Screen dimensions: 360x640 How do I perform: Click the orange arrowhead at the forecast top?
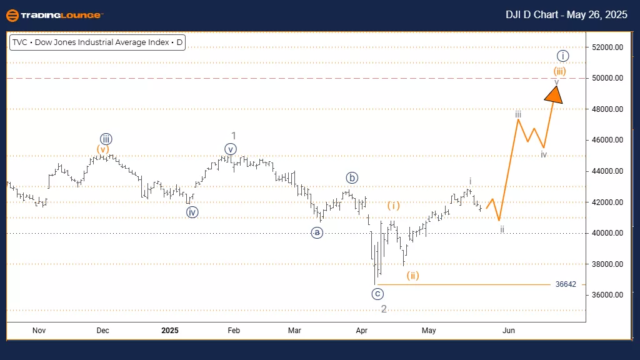(554, 94)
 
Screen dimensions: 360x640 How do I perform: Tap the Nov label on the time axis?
(39, 330)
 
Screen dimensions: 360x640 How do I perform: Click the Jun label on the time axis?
(509, 330)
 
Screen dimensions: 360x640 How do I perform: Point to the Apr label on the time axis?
(362, 330)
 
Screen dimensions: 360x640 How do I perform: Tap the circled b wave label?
(352, 177)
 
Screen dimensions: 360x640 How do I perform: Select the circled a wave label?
(317, 232)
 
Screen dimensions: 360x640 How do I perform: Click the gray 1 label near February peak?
(233, 136)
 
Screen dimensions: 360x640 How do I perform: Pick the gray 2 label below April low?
(384, 309)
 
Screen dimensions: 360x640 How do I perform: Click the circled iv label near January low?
(192, 212)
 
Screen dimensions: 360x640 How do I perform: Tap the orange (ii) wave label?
(412, 275)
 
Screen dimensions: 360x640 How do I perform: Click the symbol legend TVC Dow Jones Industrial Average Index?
(97, 43)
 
